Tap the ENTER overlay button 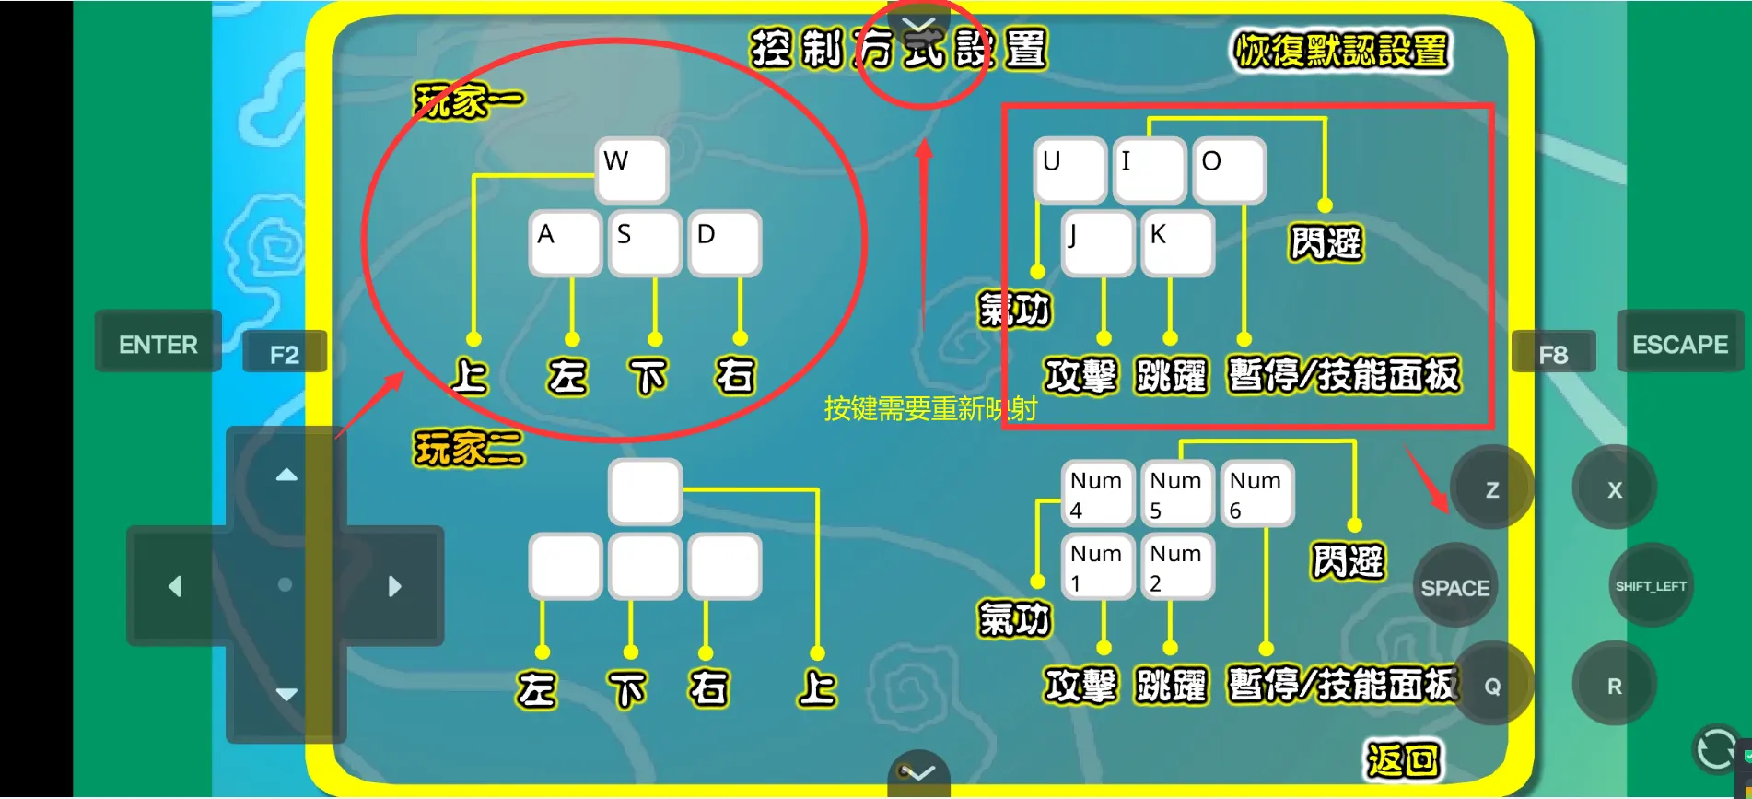pyautogui.click(x=158, y=344)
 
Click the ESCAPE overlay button pyautogui.click(x=1679, y=344)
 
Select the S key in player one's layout pyautogui.click(x=644, y=243)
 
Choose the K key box pyautogui.click(x=1176, y=243)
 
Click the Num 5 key pyautogui.click(x=1176, y=495)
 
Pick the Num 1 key pyautogui.click(x=1096, y=568)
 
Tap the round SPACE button pyautogui.click(x=1454, y=587)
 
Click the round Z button pyautogui.click(x=1491, y=489)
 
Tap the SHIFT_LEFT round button pyautogui.click(x=1650, y=586)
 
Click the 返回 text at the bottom pyautogui.click(x=1402, y=760)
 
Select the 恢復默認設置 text pyautogui.click(x=1341, y=51)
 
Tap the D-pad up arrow pyautogui.click(x=286, y=476)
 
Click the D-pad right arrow pyautogui.click(x=394, y=586)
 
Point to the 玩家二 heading pyautogui.click(x=468, y=449)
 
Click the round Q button pyautogui.click(x=1491, y=686)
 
